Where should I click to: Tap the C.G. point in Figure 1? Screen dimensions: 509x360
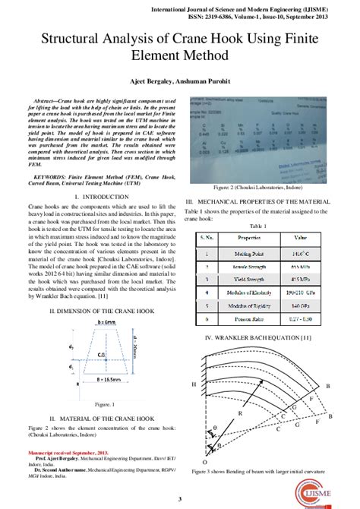pyautogui.click(x=102, y=354)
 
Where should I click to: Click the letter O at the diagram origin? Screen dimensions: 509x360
pyautogui.click(x=203, y=463)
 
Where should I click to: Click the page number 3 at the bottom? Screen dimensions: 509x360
pyautogui.click(x=180, y=499)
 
